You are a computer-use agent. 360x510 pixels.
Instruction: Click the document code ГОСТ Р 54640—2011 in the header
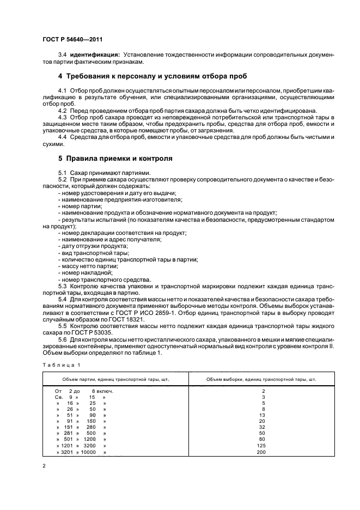coord(72,39)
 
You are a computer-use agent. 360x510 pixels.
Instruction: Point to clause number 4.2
coord(64,110)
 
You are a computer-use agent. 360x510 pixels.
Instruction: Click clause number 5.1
coord(64,172)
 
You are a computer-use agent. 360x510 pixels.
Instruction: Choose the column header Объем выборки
coord(261,379)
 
